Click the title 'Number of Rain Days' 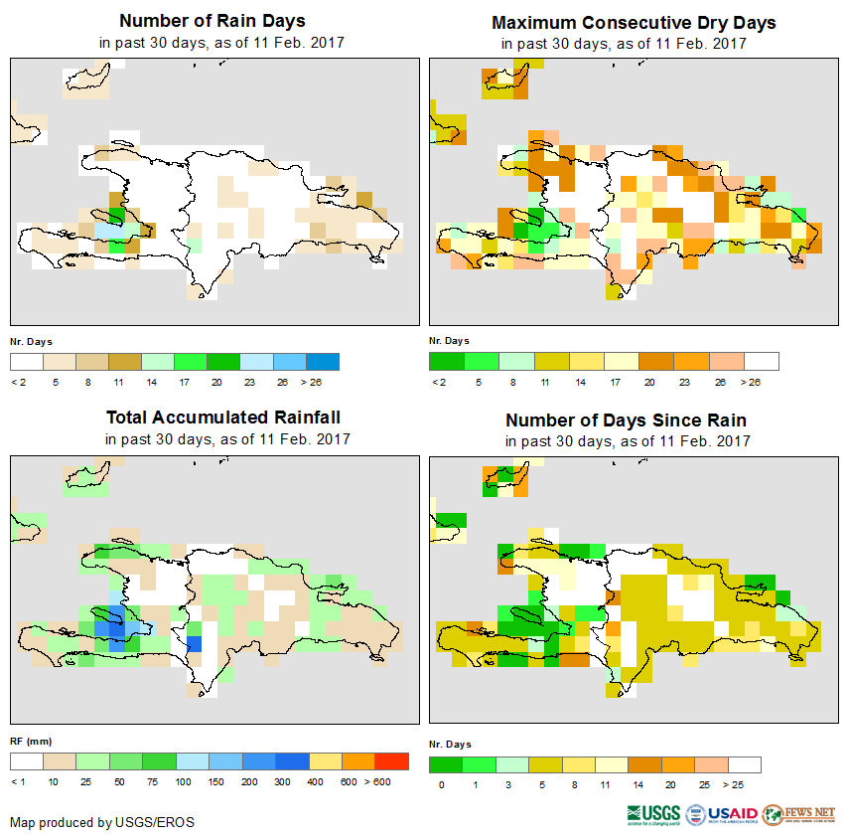212,21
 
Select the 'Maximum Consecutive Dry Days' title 634,22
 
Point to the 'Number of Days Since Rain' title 626,420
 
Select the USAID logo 722,815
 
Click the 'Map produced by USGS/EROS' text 102,822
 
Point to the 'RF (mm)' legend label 25,741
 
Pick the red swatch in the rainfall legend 391,761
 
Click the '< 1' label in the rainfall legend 17,782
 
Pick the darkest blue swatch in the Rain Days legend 323,361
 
